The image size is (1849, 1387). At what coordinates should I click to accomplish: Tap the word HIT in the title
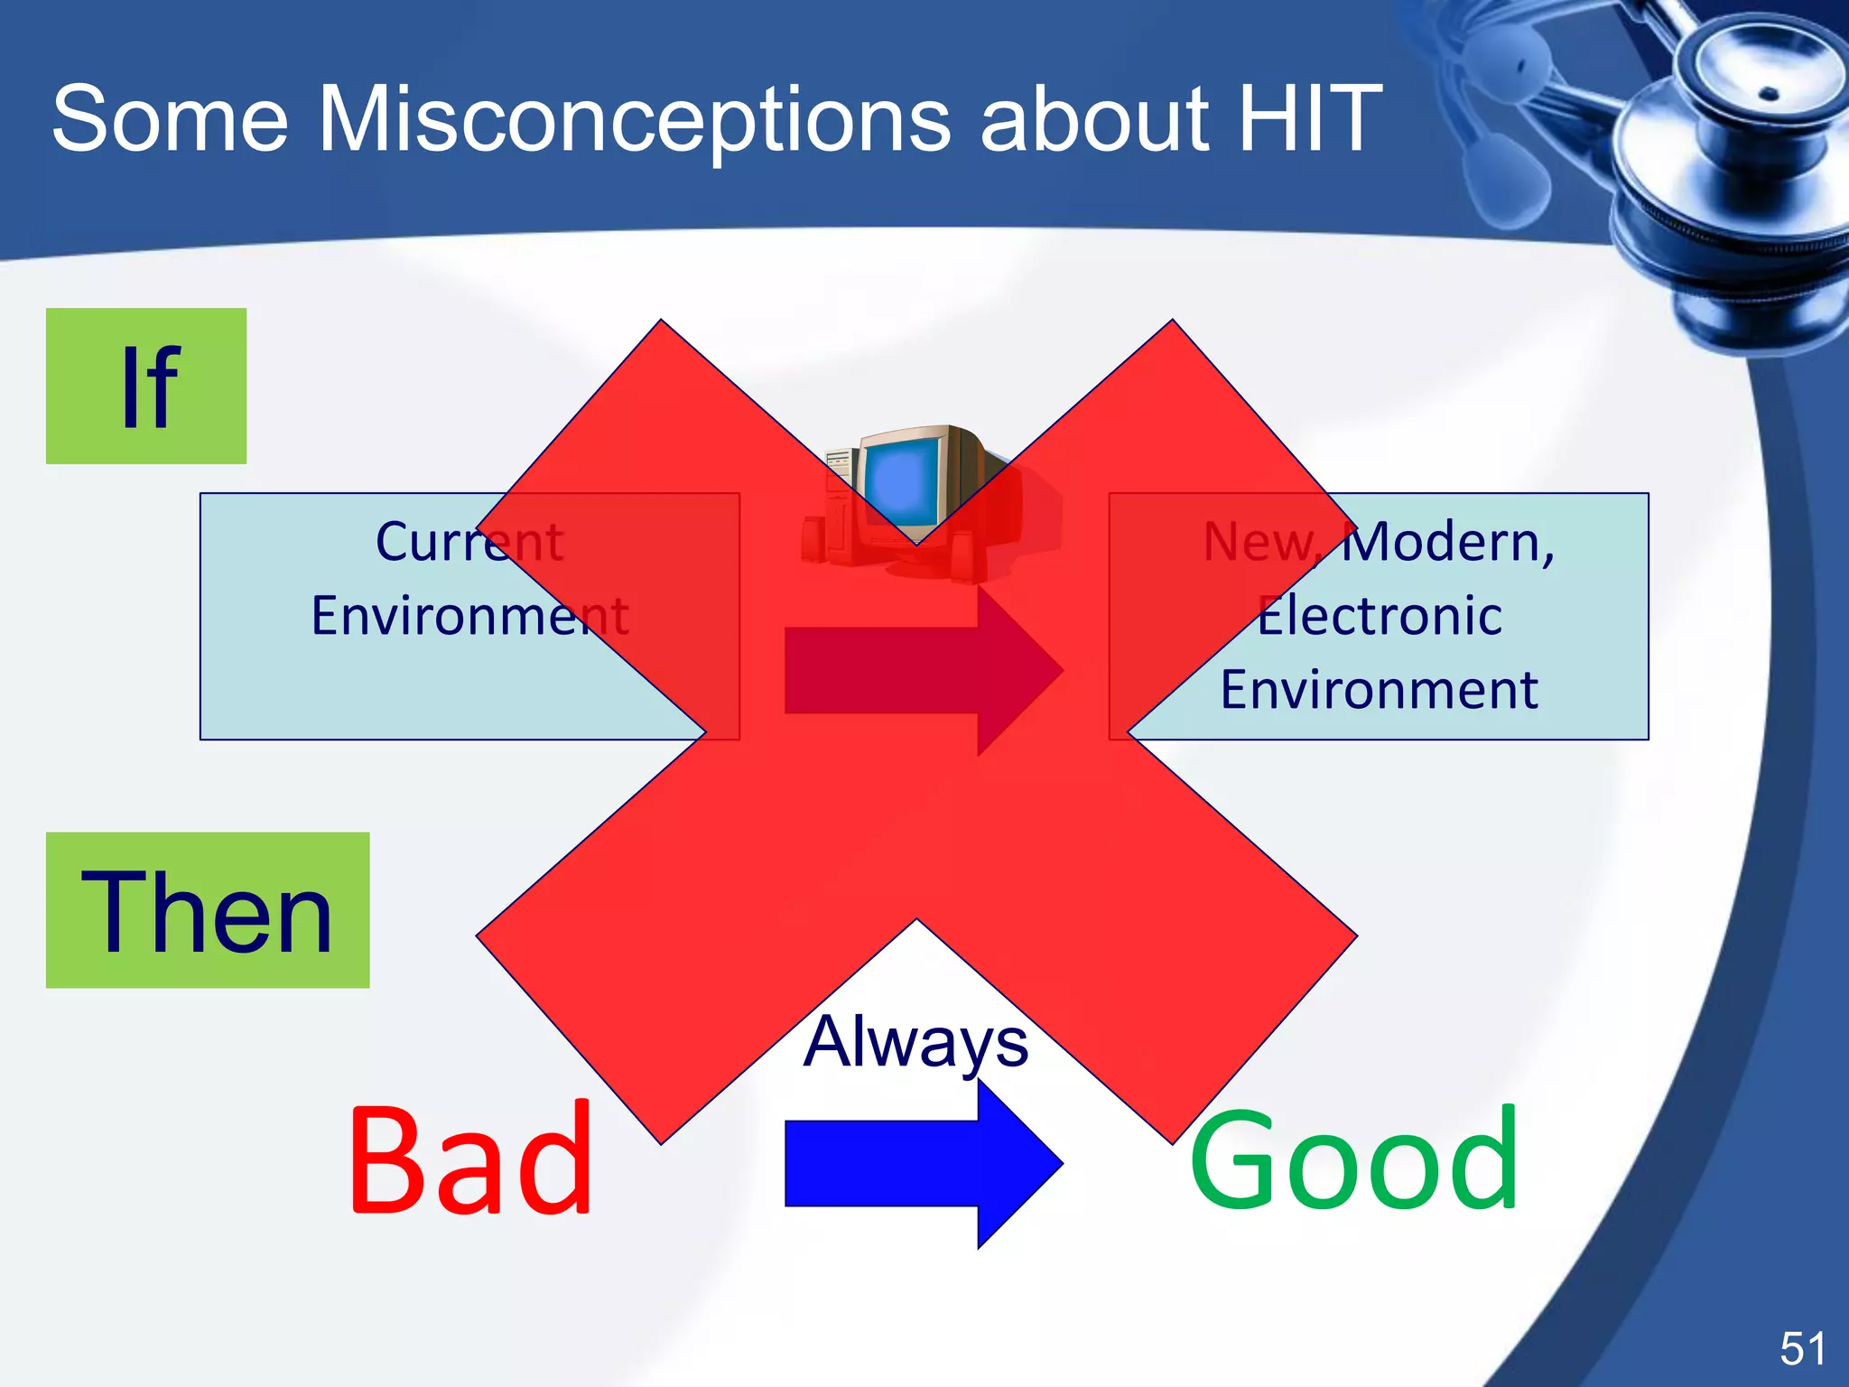[x=1309, y=118]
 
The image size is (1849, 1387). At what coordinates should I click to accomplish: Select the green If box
[x=146, y=386]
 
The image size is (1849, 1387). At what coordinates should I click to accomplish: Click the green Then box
[x=208, y=910]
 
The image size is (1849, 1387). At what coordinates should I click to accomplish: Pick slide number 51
[x=1802, y=1349]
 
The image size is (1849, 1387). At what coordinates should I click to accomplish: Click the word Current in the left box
[x=469, y=542]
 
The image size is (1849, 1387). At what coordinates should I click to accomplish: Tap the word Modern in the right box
[x=1448, y=542]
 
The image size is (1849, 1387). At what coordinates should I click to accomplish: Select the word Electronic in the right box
[x=1380, y=616]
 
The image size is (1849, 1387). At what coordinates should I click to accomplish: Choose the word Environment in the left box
[x=469, y=616]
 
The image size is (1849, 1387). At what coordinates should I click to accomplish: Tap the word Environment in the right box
[x=1380, y=690]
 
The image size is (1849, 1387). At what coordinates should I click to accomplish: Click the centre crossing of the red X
[x=916, y=731]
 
